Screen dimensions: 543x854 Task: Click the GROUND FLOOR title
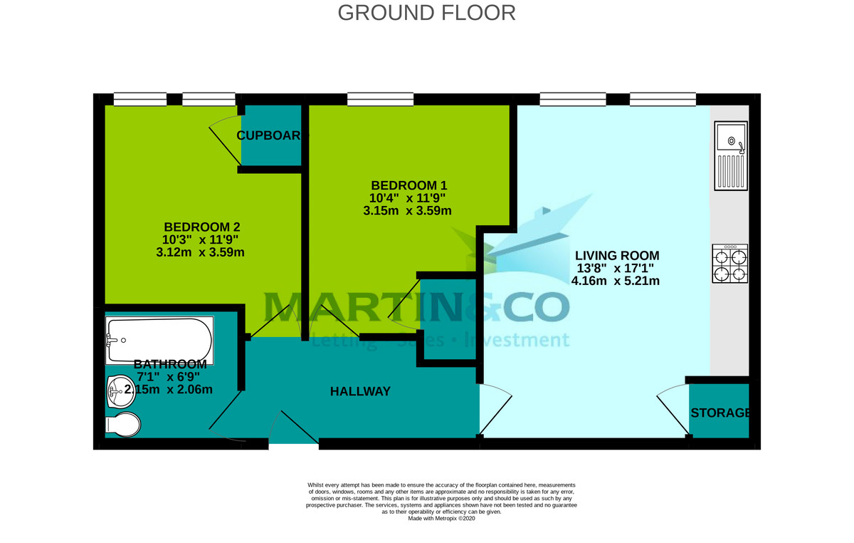426,13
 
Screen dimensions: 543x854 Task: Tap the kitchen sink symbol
732,155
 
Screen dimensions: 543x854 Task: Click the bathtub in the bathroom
159,341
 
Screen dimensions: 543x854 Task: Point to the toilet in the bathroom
123,424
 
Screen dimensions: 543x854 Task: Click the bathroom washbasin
115,391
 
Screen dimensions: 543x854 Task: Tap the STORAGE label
720,413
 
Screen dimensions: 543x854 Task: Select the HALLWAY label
360,391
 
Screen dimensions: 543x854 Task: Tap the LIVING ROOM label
617,255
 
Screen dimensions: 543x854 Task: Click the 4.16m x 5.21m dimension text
616,281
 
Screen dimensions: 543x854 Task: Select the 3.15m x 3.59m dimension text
407,210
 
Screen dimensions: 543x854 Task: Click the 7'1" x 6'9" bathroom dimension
168,376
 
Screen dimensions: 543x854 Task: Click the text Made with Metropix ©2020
441,519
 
